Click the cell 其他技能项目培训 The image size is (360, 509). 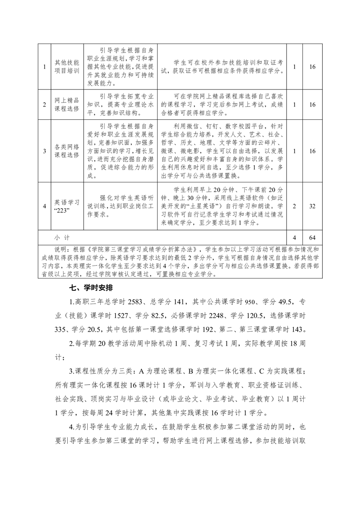tap(67, 66)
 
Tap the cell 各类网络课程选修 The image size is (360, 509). tap(67, 151)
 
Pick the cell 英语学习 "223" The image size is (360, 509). tap(67, 206)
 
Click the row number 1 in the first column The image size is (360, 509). tap(44, 67)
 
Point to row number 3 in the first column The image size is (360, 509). tap(44, 151)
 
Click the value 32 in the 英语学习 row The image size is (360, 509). tap(312, 206)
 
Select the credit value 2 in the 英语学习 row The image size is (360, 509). tap(295, 206)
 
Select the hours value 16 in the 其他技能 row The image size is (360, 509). tap(312, 67)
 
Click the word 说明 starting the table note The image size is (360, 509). tap(60, 249)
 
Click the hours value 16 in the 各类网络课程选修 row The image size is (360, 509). tap(312, 151)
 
